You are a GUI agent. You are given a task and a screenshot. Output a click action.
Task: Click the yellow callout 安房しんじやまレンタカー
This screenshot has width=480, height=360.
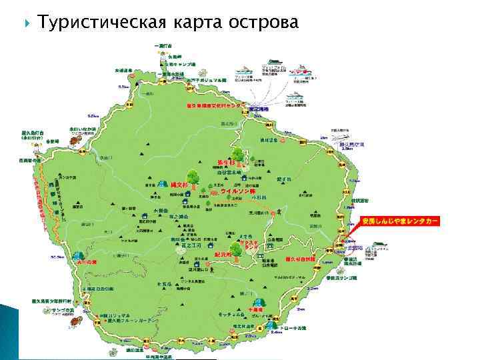coord(401,221)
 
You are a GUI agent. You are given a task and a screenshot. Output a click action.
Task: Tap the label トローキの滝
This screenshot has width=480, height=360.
coord(294,328)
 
